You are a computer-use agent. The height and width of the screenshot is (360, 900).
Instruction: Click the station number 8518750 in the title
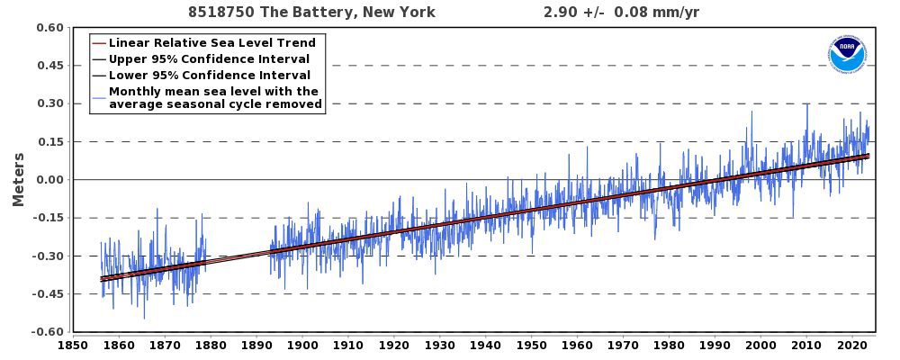tap(220, 12)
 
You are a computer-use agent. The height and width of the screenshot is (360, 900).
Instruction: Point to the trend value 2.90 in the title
tap(560, 12)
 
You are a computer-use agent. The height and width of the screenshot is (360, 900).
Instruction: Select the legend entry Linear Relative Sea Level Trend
tap(211, 43)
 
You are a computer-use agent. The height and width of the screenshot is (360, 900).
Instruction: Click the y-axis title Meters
tap(18, 179)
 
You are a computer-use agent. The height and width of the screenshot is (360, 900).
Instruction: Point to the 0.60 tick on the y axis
tap(49, 28)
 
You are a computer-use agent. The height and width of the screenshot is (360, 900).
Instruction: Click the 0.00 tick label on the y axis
tap(49, 180)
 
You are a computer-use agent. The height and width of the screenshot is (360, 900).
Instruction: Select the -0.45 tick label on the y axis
tap(47, 293)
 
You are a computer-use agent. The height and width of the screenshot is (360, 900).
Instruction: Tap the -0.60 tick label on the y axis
tap(47, 332)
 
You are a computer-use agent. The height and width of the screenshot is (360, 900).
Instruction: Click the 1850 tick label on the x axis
tap(72, 345)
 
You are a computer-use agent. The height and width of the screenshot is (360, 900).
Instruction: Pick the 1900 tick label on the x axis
tap(301, 345)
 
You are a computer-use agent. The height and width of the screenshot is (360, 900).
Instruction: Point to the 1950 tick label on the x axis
tap(531, 345)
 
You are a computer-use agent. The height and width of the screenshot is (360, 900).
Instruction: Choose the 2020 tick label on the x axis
tap(852, 345)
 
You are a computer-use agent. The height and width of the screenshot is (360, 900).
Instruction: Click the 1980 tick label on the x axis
tap(669, 345)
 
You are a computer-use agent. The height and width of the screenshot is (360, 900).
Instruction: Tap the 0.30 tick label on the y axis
tap(49, 103)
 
